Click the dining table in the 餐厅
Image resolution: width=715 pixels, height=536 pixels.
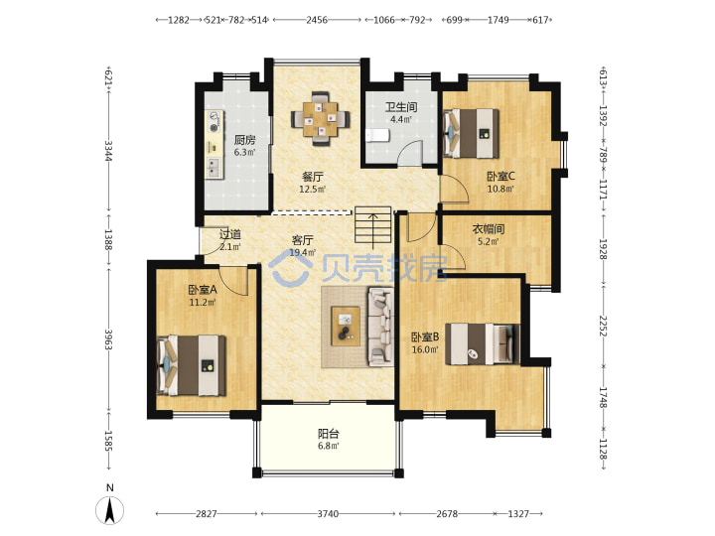coord(321,118)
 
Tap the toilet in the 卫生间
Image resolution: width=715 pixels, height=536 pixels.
coord(378,135)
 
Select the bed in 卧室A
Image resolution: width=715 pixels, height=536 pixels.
coord(192,365)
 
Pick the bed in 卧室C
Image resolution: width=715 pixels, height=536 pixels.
coord(471,133)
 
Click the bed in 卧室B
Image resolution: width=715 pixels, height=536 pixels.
coord(483,344)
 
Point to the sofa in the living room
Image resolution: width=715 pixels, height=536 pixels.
coord(380,327)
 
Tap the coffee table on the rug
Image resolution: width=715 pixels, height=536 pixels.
coord(346,327)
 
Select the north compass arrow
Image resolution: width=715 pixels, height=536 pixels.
coord(109,510)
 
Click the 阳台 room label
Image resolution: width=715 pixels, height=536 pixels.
coord(329,434)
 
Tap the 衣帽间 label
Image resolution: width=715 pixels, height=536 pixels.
coord(488,229)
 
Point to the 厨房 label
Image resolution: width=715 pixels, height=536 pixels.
coord(245,140)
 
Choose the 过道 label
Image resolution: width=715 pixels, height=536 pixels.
coord(230,234)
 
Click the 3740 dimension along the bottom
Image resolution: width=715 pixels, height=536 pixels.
coord(328,514)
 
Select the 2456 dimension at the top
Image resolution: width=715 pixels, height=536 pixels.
coord(317,20)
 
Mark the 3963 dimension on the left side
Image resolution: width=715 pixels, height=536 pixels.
coord(108,339)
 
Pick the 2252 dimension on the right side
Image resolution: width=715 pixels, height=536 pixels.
coord(603,326)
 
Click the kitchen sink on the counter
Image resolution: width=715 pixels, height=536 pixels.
coord(214,167)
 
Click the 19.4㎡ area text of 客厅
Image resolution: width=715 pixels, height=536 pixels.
coord(303,252)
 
